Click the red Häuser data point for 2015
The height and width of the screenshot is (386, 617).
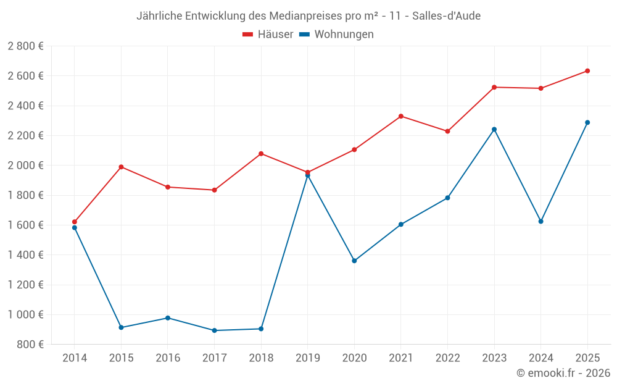tap(121, 167)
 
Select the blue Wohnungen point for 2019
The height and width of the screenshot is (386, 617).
tap(307, 176)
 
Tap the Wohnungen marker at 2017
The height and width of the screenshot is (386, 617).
tap(214, 330)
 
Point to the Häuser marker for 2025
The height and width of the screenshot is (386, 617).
tap(587, 71)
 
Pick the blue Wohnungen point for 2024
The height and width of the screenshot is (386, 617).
tap(540, 221)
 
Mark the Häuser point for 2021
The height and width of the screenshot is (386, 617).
tap(401, 116)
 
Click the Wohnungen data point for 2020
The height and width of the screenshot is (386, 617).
tap(354, 261)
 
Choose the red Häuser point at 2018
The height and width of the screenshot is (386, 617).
tap(261, 153)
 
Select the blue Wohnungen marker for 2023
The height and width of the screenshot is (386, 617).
tap(494, 129)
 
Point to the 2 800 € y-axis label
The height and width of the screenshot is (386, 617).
tap(25, 46)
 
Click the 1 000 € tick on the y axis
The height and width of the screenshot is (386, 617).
tap(25, 314)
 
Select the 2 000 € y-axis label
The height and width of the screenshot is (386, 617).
tap(25, 166)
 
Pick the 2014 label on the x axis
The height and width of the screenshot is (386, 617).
tap(75, 358)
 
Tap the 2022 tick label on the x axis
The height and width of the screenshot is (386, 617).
tap(447, 358)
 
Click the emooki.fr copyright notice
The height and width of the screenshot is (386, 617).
tap(563, 373)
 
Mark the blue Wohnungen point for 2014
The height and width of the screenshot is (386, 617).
tap(75, 228)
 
